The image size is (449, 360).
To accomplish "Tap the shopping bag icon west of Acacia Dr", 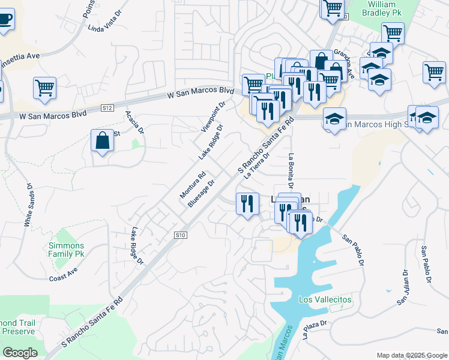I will (x=103, y=141).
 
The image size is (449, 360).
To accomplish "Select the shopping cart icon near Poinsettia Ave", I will (x=45, y=88).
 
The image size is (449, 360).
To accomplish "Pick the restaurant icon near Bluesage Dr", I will (x=247, y=204).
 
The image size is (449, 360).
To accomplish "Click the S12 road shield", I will (x=107, y=108).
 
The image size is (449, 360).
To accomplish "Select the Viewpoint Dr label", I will (x=213, y=116).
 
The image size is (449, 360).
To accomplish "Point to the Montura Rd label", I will (x=193, y=186).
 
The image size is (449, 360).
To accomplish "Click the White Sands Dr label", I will (x=28, y=204).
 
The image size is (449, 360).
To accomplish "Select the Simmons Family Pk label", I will (x=67, y=250).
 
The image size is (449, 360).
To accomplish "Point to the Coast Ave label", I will (x=64, y=274).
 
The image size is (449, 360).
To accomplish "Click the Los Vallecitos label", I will (x=325, y=299).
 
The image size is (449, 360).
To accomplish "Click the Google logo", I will (x=20, y=353).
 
